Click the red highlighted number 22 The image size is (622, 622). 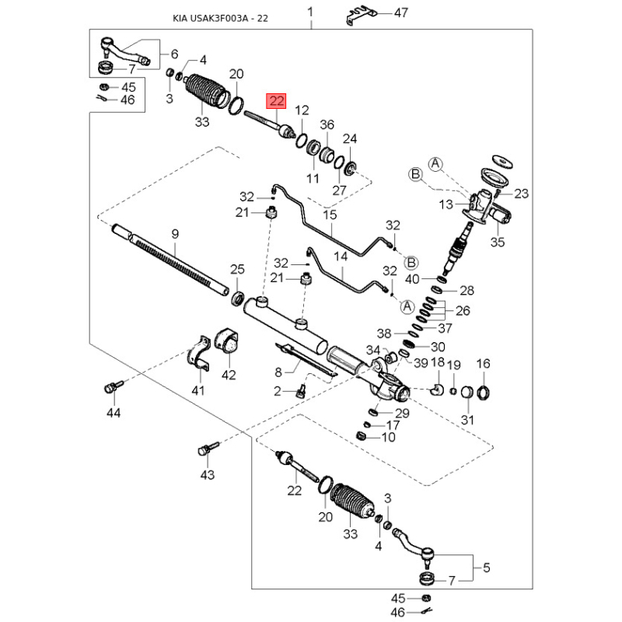coord(276,101)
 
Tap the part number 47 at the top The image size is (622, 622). coord(400,12)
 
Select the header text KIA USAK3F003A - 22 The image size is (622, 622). coord(220,18)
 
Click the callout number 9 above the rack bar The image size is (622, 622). coord(176,234)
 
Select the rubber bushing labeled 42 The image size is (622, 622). coord(227,342)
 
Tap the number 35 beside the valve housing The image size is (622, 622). coord(498,242)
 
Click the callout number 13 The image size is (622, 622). coord(446,204)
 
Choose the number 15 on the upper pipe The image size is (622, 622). coord(330,215)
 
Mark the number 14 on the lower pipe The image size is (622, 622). coord(341,257)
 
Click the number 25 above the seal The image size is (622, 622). coord(237,269)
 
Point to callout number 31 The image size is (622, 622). coord(467,420)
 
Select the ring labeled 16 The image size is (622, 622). coord(483,393)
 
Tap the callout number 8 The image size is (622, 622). coord(278,372)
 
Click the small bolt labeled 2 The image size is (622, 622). coord(302,390)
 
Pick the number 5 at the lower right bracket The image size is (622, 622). coord(487,568)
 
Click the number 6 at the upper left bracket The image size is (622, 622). coord(174,54)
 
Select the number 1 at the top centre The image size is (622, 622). coord(310,12)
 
